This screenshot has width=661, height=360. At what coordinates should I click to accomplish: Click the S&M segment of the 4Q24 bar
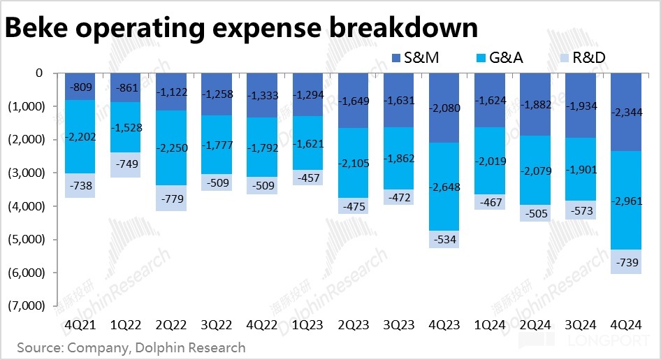pos(632,112)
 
